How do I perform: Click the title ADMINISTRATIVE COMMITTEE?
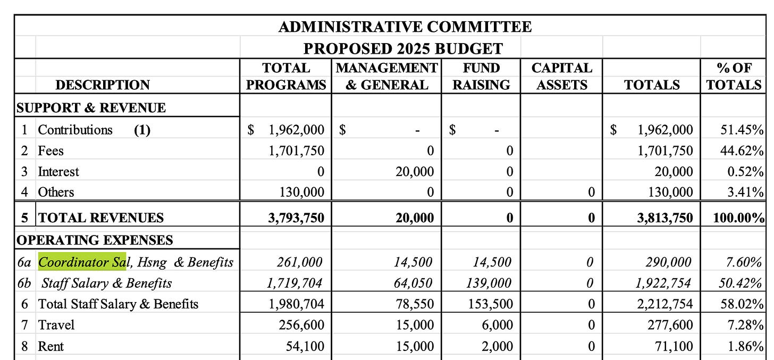405,27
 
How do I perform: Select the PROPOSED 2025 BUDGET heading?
403,48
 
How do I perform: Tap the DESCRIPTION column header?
103,85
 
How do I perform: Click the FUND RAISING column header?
481,77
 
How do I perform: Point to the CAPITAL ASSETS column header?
561,77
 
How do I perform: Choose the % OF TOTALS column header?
735,77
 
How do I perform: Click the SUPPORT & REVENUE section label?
91,107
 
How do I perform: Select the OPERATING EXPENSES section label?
95,240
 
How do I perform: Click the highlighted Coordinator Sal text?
81,262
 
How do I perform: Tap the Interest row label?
58,172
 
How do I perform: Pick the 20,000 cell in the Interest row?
415,172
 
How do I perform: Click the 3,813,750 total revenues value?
666,217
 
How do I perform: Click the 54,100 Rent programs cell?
305,346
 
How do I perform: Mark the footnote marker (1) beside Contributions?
142,130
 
